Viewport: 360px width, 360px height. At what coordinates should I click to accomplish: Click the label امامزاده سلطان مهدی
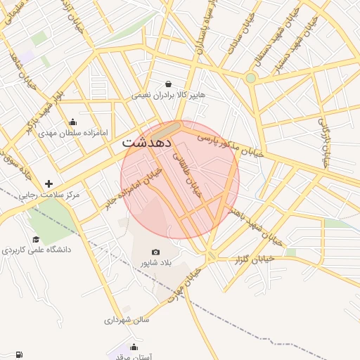click(73, 132)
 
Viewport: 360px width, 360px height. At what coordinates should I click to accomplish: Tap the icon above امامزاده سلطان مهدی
click(73, 122)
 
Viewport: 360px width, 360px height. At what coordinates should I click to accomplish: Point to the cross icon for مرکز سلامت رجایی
click(49, 184)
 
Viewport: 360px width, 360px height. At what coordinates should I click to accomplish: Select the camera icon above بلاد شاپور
click(155, 252)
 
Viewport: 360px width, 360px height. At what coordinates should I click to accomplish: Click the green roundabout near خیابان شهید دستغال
click(251, 77)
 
